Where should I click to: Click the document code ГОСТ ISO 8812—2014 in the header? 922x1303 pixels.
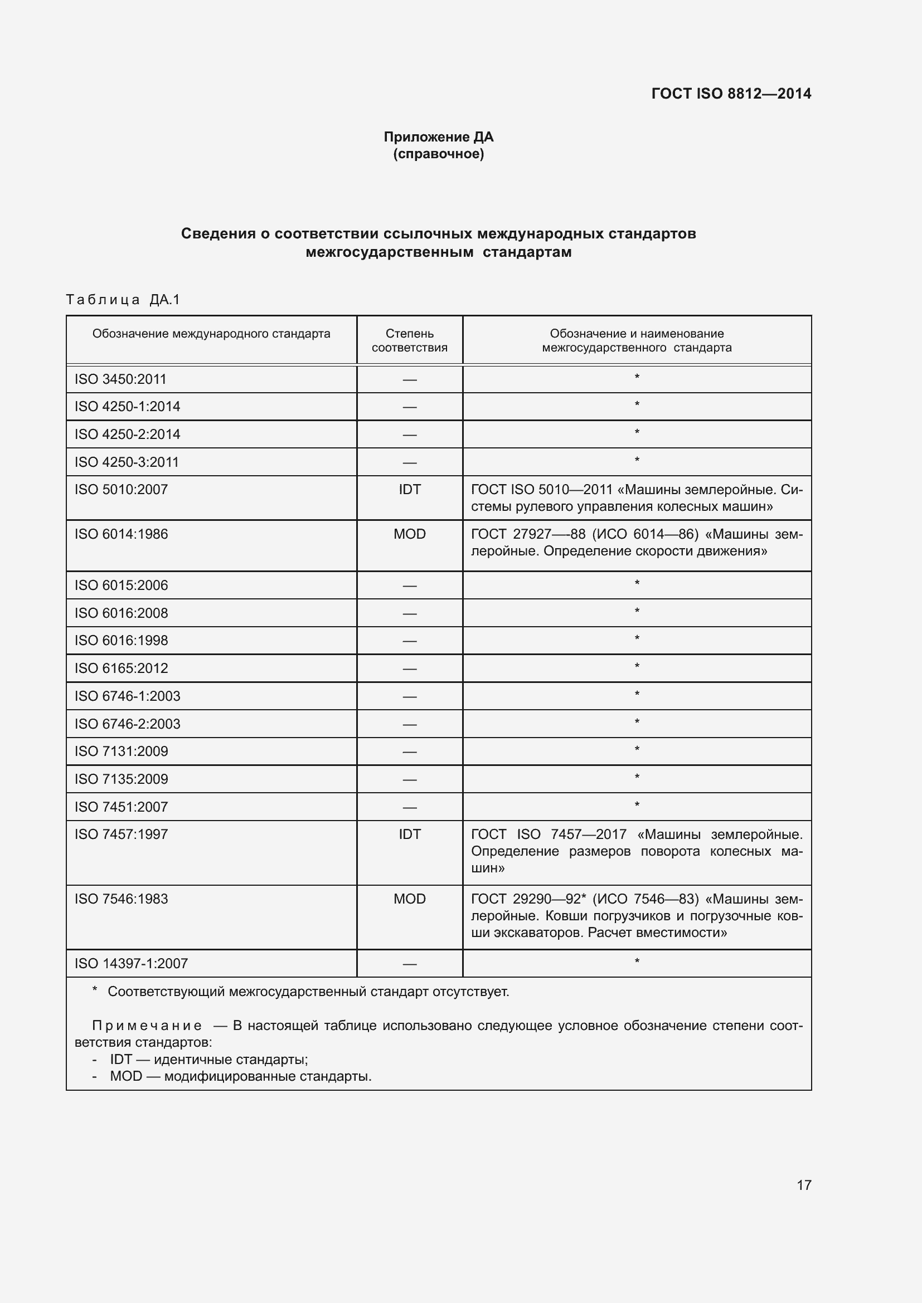point(731,94)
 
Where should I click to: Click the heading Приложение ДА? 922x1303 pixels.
point(438,137)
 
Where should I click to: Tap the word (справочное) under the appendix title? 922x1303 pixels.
point(438,154)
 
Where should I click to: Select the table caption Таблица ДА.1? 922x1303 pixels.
point(123,299)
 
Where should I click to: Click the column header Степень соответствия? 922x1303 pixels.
point(409,340)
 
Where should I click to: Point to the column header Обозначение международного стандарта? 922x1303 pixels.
point(211,334)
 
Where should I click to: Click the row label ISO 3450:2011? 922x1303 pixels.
point(120,379)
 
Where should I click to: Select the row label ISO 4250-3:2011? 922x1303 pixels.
point(127,462)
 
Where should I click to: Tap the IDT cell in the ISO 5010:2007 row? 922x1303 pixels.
point(409,489)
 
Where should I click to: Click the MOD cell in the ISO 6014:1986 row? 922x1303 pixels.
point(409,534)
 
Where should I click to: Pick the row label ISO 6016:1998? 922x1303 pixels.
point(121,640)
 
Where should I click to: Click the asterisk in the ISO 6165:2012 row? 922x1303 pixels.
point(637,666)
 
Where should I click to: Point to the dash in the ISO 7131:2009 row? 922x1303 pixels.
point(409,752)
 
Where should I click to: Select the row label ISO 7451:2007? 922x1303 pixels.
point(121,807)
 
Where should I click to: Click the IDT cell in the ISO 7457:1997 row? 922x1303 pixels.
point(409,834)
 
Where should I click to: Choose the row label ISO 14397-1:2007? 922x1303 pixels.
point(131,963)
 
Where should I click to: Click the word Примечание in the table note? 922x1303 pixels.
point(147,1026)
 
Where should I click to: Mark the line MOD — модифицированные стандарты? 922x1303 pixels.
point(240,1077)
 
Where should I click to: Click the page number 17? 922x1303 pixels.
point(803,1185)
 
